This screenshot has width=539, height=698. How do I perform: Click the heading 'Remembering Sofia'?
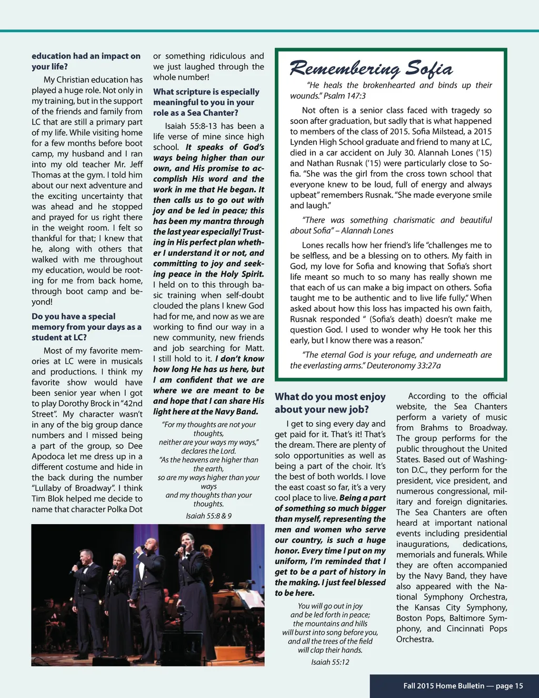click(x=371, y=68)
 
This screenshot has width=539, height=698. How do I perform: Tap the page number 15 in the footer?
click(x=518, y=685)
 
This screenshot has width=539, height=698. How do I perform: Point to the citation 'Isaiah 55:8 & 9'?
click(x=208, y=516)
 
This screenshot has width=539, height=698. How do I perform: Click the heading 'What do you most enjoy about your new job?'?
click(x=330, y=403)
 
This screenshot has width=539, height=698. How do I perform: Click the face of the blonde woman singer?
click(x=118, y=559)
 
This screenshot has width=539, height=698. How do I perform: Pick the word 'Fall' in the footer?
click(x=410, y=685)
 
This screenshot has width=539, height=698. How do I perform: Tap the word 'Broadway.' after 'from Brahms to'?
click(x=488, y=428)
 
